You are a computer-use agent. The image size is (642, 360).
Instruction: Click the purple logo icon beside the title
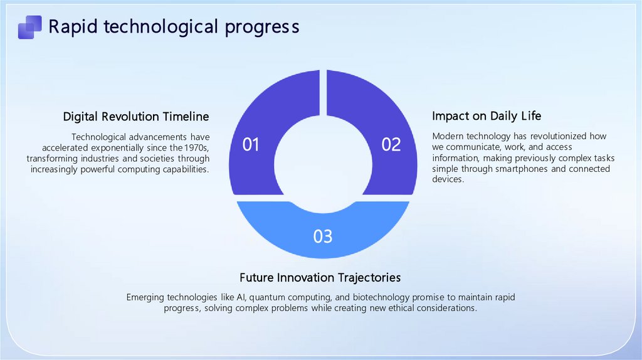point(30,27)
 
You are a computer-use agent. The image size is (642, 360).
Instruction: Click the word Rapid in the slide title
point(73,27)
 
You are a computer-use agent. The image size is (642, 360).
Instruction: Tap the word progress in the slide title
point(262,28)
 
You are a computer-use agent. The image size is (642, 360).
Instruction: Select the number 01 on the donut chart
point(251,145)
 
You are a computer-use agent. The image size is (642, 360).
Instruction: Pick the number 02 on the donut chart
point(391,145)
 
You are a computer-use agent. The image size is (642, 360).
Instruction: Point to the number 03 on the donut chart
point(323,236)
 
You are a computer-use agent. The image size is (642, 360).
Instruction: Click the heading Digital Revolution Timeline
point(136,117)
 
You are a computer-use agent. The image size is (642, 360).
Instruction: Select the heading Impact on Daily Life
point(487,116)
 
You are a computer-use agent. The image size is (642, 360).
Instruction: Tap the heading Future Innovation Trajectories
point(320,278)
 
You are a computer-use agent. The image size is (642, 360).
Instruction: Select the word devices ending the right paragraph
point(448,179)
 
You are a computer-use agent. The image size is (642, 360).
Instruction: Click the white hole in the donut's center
point(323,164)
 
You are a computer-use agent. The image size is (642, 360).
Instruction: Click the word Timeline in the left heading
point(186,117)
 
